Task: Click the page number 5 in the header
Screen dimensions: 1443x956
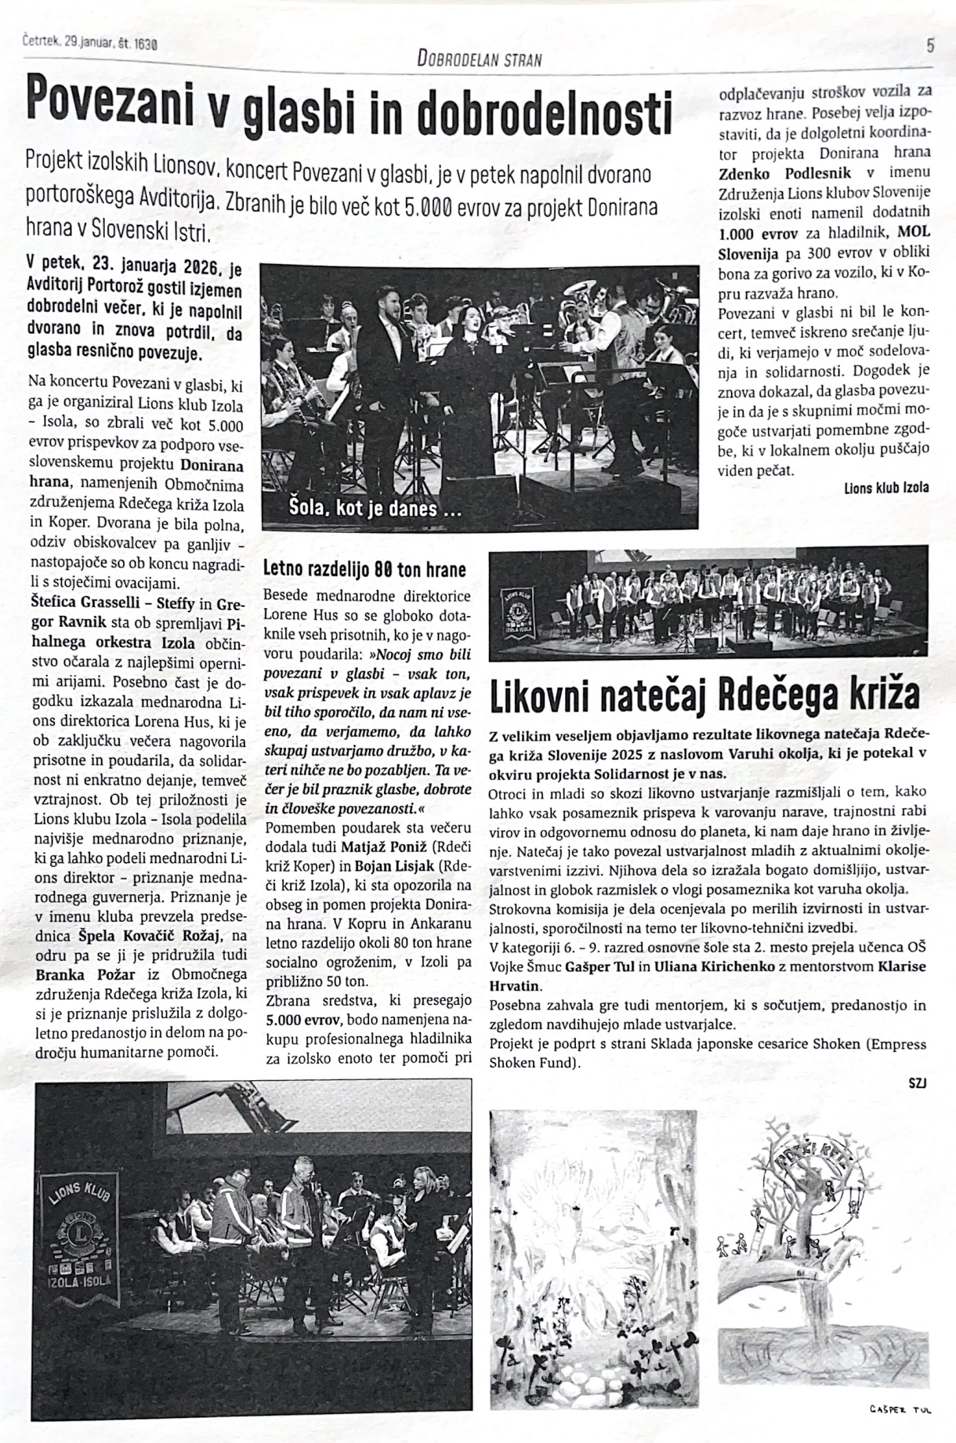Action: point(929,45)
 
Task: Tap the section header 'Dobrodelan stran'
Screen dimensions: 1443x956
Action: point(480,59)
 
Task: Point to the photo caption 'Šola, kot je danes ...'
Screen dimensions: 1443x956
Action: point(375,508)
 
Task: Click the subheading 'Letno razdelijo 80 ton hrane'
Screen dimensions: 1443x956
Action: point(364,569)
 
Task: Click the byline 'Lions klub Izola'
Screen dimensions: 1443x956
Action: point(886,488)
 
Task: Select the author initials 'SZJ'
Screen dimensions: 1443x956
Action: point(918,1083)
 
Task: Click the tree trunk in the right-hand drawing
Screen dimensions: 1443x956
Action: point(810,1250)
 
